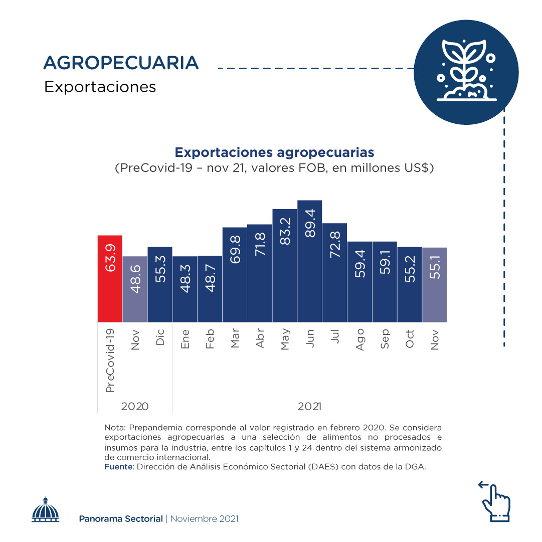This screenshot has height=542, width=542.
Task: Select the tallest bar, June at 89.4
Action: click(x=309, y=261)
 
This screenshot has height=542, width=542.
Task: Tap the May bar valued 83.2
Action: click(x=285, y=265)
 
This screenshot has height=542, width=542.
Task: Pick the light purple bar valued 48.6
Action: click(x=135, y=289)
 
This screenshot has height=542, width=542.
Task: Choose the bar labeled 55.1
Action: click(x=434, y=284)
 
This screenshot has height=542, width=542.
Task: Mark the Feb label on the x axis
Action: click(x=210, y=339)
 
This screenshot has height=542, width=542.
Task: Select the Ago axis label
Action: click(x=359, y=340)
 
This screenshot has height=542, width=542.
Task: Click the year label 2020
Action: click(x=135, y=406)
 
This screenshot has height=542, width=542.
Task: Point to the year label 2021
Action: click(x=309, y=406)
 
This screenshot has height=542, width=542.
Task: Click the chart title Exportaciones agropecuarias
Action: click(x=274, y=152)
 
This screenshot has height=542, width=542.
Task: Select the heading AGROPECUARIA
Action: click(x=121, y=63)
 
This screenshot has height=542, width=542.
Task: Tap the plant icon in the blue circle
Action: click(x=466, y=70)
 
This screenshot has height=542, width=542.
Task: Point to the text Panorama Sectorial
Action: click(x=121, y=518)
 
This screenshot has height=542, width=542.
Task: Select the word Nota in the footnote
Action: click(x=114, y=428)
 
